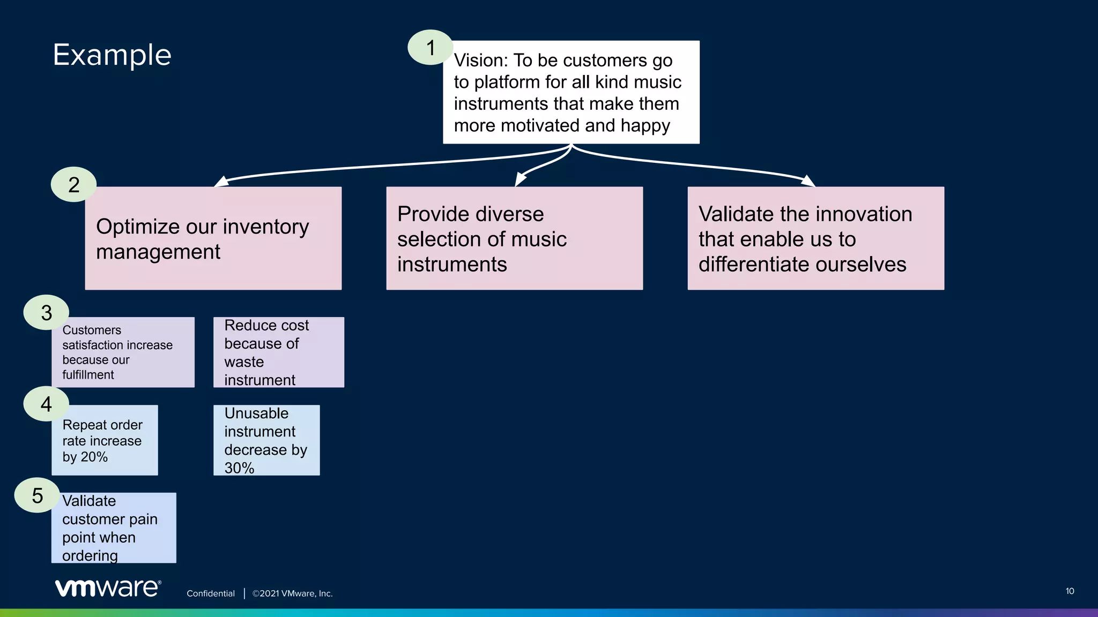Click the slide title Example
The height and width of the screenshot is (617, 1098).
112,55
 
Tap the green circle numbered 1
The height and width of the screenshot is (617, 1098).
430,48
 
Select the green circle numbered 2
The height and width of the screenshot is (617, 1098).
73,185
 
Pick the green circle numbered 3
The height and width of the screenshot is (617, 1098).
46,313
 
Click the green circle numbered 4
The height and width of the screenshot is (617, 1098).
46,404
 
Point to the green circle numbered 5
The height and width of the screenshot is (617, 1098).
37,495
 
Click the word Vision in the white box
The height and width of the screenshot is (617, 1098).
478,61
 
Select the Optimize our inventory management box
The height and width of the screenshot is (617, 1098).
213,238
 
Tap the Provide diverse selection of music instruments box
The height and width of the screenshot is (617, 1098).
514,238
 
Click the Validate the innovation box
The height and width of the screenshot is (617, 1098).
815,238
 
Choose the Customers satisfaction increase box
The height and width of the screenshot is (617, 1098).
123,352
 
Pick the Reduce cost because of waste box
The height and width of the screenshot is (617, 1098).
278,352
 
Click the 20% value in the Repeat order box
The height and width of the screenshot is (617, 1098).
94,457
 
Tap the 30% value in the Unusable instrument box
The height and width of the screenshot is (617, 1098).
239,468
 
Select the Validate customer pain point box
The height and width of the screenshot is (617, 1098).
114,528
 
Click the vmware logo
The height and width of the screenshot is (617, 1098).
108,588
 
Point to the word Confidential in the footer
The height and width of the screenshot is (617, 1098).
211,593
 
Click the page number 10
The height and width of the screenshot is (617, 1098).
1070,591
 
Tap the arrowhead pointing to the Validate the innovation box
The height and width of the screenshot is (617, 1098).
808,181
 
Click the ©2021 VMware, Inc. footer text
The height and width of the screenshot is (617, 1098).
293,593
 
